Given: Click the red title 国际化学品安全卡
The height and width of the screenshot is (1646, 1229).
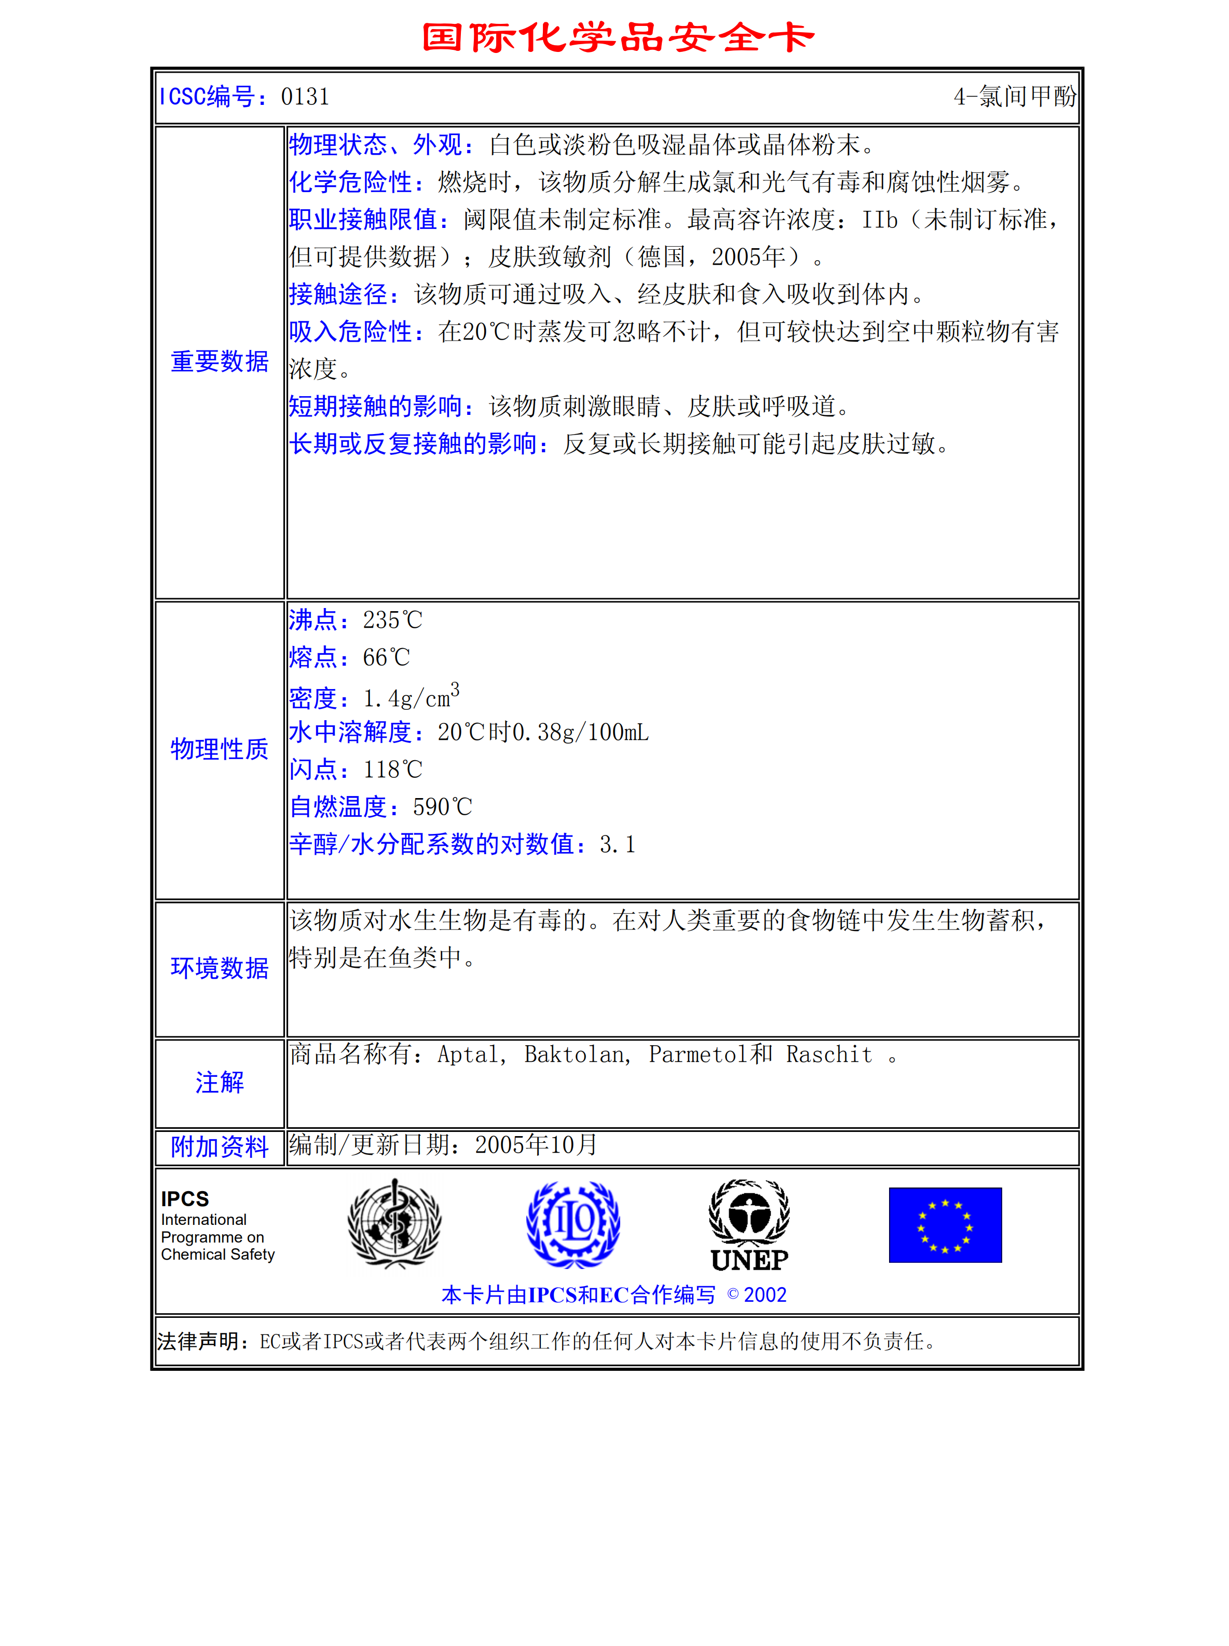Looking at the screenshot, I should [618, 37].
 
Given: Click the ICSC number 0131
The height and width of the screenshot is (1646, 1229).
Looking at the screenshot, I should [305, 97].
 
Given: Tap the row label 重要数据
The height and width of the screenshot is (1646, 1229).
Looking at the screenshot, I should [220, 361].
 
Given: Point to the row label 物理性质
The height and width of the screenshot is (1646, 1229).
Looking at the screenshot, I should [220, 749].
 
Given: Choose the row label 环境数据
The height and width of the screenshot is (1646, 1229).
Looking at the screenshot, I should [220, 968].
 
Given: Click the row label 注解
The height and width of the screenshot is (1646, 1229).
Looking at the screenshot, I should [220, 1083].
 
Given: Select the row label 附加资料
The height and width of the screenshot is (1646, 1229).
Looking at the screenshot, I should [220, 1146].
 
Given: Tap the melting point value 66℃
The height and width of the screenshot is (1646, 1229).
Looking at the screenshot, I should [386, 658].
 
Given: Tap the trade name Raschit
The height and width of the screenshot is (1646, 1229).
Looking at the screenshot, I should [829, 1055].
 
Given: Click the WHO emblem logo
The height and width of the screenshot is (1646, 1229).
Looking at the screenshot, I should [394, 1224].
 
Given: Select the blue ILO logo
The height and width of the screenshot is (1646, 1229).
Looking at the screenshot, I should [573, 1224].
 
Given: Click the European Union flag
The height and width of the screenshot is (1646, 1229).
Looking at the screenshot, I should [945, 1225].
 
